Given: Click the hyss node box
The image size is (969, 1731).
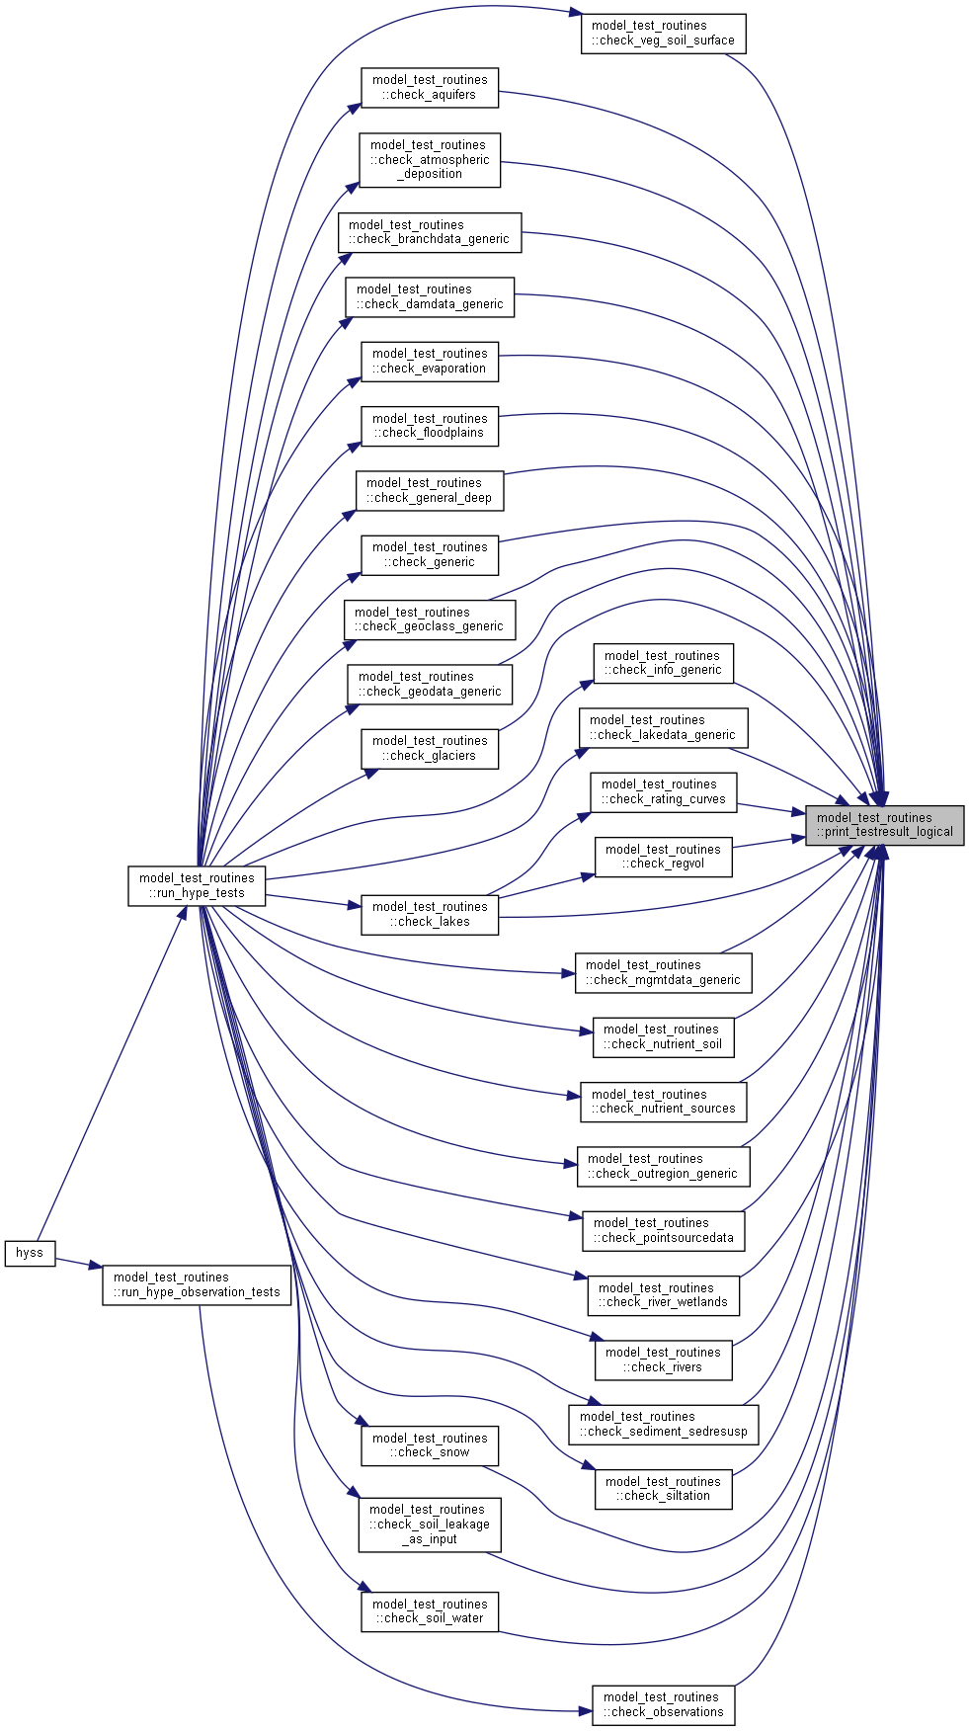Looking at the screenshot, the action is (x=30, y=1253).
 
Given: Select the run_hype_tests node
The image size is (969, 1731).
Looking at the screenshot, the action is (x=197, y=885).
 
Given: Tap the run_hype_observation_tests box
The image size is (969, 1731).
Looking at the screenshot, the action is (x=197, y=1284).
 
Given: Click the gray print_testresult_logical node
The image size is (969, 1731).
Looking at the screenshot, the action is (x=884, y=825).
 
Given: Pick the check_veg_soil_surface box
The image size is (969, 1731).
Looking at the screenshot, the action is (x=663, y=34).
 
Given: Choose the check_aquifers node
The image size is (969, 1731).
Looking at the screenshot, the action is (x=430, y=87).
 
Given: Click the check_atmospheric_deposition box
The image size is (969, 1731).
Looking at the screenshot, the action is (x=430, y=159).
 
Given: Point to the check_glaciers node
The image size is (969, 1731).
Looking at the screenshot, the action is (x=430, y=748).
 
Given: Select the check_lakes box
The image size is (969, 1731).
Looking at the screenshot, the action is (x=430, y=914).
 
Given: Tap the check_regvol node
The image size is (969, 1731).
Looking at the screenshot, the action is (x=663, y=857).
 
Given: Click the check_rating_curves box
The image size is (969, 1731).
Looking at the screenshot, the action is (x=663, y=791).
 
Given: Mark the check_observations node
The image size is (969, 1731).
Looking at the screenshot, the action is (x=663, y=1704).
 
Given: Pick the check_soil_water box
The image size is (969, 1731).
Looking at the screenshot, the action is (x=430, y=1611).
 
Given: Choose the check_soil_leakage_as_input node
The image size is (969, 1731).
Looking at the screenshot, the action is (x=430, y=1525).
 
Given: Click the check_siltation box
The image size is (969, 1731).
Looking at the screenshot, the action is (x=663, y=1489).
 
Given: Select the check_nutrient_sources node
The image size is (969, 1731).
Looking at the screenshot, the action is (x=663, y=1102).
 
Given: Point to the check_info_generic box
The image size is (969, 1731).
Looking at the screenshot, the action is (x=663, y=663).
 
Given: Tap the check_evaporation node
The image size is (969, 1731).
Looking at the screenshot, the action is (x=430, y=361).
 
